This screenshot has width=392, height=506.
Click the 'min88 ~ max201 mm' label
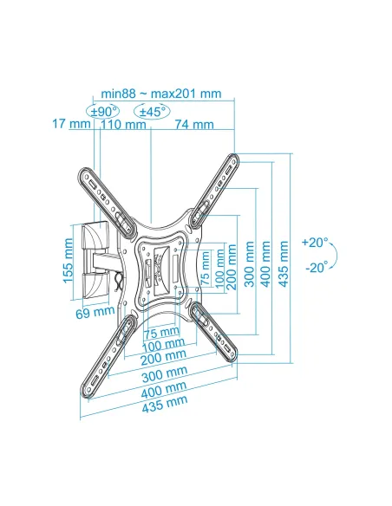point(161,94)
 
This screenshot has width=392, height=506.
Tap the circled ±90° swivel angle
point(102,112)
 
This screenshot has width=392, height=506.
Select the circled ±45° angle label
point(152,112)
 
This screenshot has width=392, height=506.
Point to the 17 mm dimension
point(71,124)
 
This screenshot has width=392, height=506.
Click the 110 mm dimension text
point(123,124)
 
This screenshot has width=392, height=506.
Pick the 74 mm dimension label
point(194,124)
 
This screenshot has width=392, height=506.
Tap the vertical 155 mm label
point(69,261)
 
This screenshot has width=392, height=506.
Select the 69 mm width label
point(95,312)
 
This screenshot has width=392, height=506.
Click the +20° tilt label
point(315,242)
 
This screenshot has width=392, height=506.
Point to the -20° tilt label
point(317,267)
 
